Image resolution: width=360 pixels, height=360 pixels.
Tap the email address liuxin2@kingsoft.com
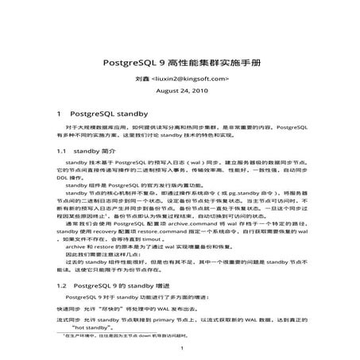pyautogui.click(x=189, y=79)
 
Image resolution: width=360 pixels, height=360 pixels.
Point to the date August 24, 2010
pyautogui.click(x=180, y=92)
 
